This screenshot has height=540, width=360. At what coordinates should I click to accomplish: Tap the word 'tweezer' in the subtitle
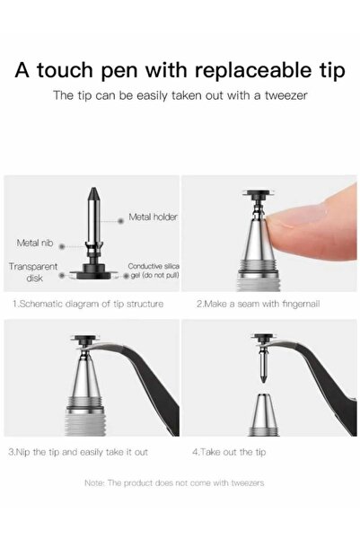coord(285,95)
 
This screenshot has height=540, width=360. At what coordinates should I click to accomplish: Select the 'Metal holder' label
coord(153,217)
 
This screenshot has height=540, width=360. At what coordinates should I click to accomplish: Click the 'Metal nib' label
coord(35,243)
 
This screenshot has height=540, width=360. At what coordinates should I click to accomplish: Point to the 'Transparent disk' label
coord(33,272)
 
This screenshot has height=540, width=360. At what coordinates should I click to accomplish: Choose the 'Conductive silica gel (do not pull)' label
coord(154,270)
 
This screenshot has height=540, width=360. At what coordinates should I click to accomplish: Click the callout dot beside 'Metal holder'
coord(120,221)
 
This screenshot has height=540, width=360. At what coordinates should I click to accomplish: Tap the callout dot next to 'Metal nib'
coord(62,246)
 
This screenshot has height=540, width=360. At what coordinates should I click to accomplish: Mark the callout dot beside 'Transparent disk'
coord(62,276)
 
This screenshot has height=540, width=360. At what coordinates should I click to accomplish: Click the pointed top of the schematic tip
coord(93,188)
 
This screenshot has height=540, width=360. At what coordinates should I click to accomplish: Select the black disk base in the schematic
coord(93,274)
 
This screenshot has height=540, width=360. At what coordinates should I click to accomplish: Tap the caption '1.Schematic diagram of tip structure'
coord(88,304)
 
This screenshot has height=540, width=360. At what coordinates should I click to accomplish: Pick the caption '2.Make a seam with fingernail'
coord(259,304)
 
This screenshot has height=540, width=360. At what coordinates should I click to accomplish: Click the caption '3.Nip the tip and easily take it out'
coord(78,452)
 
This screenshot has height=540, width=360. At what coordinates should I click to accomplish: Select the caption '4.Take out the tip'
coord(229,452)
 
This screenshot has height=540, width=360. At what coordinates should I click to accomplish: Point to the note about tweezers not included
coord(174,482)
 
